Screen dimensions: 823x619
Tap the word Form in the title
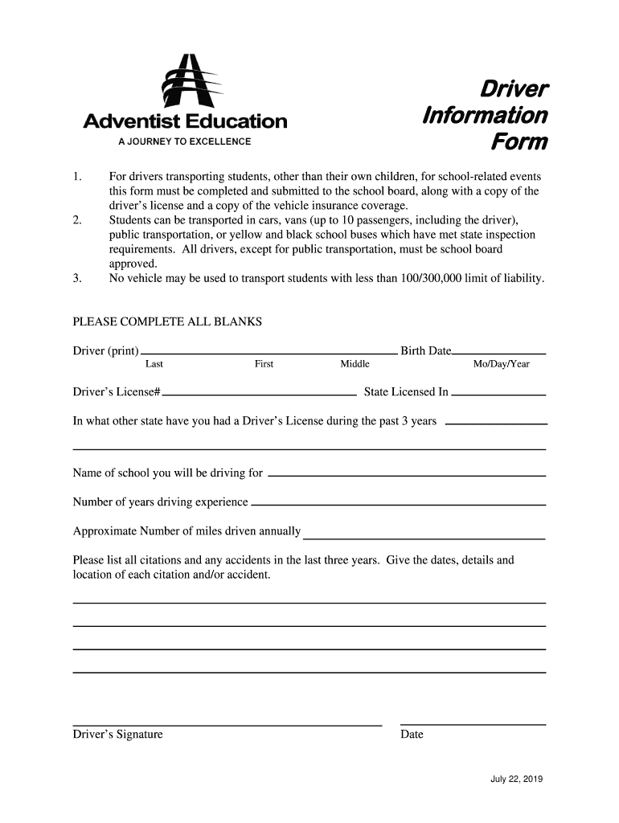[x=520, y=143]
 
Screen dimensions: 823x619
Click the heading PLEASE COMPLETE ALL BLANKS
[x=167, y=321]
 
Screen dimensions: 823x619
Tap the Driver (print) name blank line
[x=269, y=353]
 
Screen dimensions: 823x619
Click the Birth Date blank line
[x=499, y=353]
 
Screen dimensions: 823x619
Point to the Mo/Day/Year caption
[x=501, y=364]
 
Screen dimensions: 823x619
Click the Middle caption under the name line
[x=355, y=364]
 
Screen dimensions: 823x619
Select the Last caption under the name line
[x=154, y=364]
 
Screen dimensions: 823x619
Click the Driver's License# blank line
[x=260, y=395]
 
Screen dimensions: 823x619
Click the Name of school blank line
[x=406, y=475]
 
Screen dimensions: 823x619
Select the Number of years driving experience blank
[x=398, y=505]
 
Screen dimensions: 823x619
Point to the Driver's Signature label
[x=117, y=734]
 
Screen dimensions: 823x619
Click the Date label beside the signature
[x=412, y=734]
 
